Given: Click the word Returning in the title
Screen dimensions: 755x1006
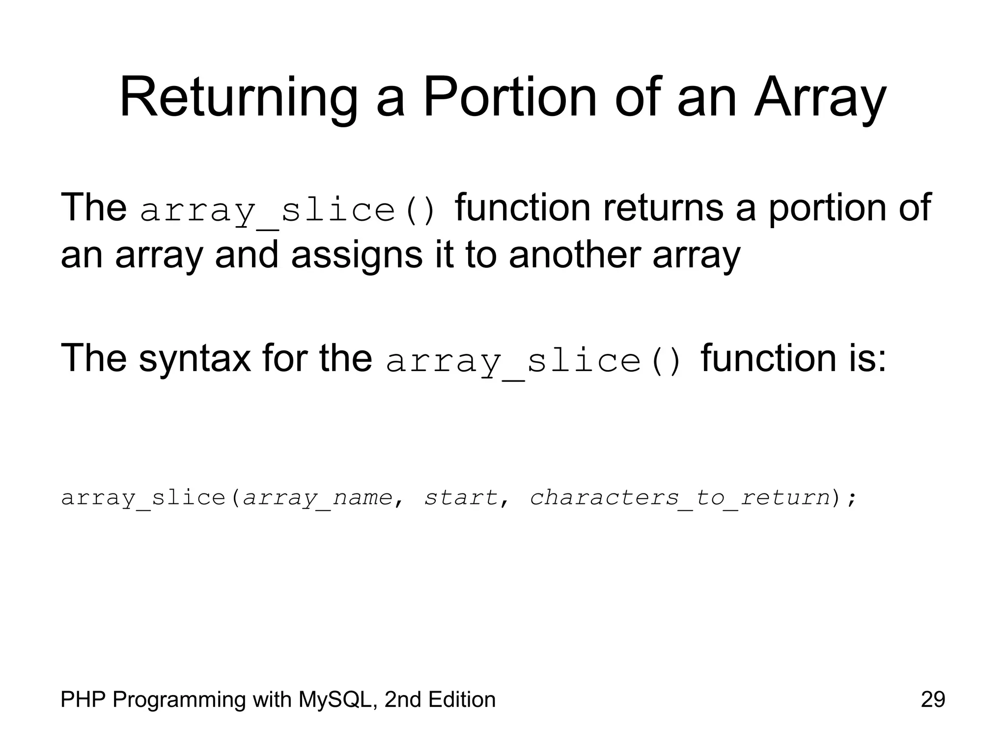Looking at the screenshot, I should (x=238, y=98).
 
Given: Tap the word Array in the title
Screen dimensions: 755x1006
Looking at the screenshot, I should (x=820, y=98).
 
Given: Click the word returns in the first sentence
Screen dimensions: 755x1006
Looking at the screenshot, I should (x=663, y=207).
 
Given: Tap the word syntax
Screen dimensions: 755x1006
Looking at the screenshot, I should (x=195, y=358).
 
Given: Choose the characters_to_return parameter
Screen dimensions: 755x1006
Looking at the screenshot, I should (x=679, y=497).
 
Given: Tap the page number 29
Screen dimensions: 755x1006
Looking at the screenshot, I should (x=933, y=699).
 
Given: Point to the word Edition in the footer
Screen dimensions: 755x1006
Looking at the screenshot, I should (x=461, y=699).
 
